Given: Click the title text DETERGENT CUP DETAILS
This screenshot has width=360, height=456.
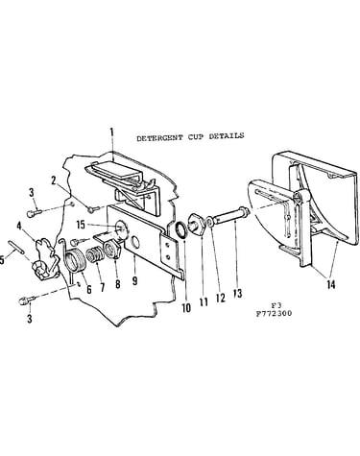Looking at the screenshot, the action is pos(190,136).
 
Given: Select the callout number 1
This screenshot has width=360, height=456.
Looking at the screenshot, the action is pos(111,133).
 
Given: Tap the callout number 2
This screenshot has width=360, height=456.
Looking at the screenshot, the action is pos(53,181).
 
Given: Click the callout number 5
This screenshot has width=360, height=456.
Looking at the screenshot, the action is pos(2,260).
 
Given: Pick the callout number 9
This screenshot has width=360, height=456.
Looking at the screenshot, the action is pos(134,280).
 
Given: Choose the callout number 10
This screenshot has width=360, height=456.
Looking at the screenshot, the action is pos(186,308).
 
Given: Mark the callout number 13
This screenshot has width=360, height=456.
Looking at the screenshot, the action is pos(238,294).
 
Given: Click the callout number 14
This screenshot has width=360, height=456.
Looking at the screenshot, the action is pos(331,284).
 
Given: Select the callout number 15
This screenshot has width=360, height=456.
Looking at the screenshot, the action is pos(81,225).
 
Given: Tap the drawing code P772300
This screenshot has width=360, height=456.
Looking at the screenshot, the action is pos(274,313).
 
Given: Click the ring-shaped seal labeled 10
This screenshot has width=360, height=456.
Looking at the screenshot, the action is pos(181,230).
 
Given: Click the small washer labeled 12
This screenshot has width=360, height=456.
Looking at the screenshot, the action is pos(209,222).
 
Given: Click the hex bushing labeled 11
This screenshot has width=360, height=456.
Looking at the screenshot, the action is pos(196,224).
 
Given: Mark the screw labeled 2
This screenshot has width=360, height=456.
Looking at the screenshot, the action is pos(92,209).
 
